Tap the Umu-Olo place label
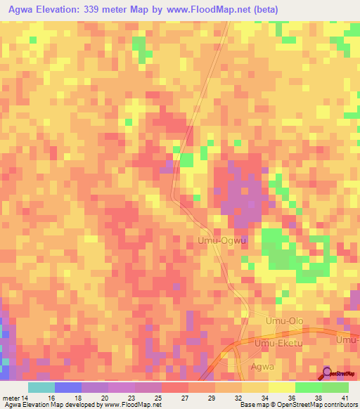pos(283,321)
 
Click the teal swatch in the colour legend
pos(41,387)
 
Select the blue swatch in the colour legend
pos(68,387)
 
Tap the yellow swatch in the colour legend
pos(282,387)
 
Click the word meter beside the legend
pos(13,397)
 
